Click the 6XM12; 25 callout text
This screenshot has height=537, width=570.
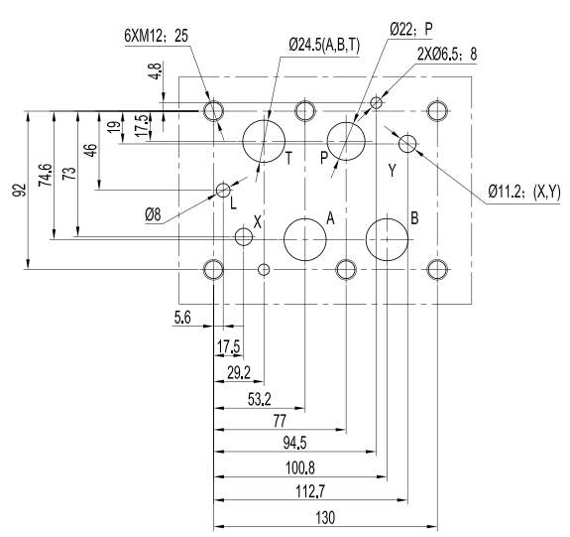coord(157,36)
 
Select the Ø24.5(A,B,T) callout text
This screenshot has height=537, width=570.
coord(324,46)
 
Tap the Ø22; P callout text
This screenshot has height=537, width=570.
coord(411,29)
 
